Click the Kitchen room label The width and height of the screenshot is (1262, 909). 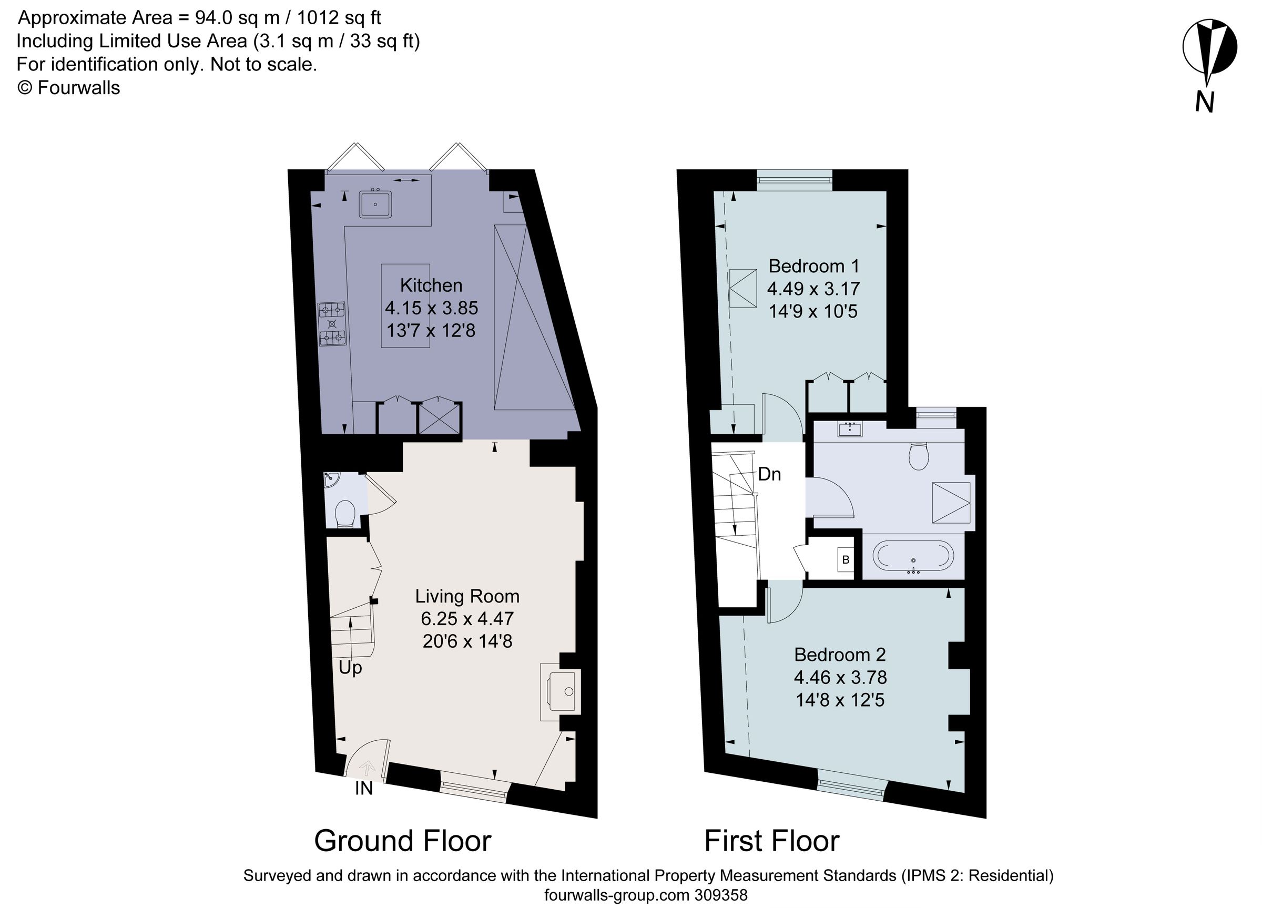(431, 285)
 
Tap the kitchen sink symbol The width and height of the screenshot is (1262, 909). (375, 204)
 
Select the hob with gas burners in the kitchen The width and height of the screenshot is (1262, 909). (332, 324)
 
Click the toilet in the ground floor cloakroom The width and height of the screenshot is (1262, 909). (345, 513)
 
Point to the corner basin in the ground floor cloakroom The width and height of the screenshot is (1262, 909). (332, 478)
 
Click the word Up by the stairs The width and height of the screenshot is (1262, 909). (350, 668)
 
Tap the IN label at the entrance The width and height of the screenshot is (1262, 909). (363, 788)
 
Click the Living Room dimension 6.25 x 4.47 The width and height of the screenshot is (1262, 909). (467, 619)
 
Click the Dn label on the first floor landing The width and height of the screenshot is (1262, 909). (769, 475)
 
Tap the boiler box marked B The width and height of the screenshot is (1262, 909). (846, 559)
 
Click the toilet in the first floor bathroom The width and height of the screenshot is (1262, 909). (919, 456)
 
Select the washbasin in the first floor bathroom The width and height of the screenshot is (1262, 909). (850, 429)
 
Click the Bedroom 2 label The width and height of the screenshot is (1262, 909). (840, 654)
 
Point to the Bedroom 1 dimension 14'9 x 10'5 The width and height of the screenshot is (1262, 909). (813, 312)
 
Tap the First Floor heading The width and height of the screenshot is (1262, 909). (771, 841)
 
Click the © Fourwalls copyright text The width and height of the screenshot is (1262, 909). (69, 88)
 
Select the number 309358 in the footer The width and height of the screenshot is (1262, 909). (720, 895)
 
